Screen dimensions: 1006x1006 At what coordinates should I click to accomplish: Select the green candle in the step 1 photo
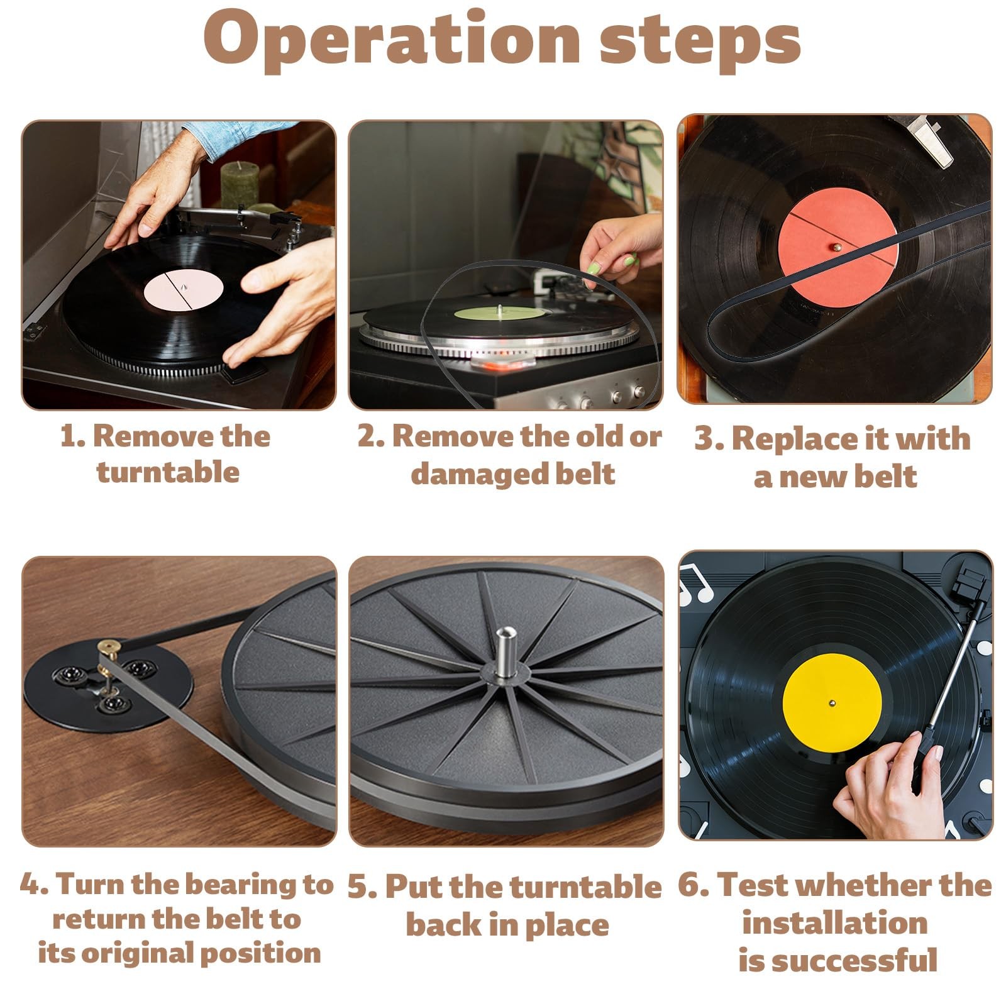240,184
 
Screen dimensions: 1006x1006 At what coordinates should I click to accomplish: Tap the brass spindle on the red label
837,248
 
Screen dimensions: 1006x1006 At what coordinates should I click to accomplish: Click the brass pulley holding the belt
110,648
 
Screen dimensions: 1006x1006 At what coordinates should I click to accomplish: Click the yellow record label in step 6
831,702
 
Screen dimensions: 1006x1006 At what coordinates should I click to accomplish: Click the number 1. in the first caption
73,436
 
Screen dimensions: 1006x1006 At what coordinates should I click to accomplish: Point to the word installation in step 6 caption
835,923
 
